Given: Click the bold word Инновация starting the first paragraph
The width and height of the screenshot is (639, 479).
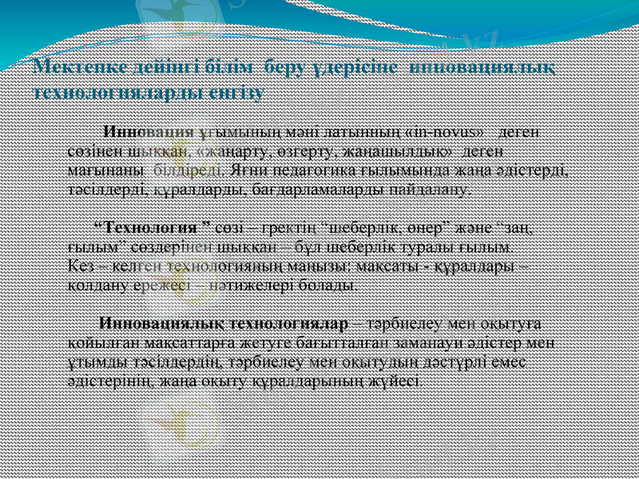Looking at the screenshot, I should coord(151,131).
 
